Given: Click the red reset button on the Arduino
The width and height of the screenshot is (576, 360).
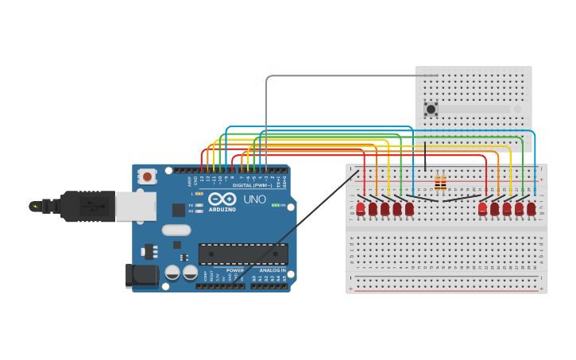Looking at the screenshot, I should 147,176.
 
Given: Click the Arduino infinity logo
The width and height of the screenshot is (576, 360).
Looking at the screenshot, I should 222,199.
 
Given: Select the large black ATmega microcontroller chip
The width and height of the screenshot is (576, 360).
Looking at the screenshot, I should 243,254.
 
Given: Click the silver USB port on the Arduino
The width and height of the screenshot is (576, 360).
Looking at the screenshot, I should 135,206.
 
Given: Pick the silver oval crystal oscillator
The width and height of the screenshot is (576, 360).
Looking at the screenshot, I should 176,230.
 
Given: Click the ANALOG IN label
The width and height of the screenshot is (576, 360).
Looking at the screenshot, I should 271,270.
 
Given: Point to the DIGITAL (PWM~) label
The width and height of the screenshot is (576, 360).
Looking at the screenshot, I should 253,185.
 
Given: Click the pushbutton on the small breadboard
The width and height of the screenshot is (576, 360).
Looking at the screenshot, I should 431,109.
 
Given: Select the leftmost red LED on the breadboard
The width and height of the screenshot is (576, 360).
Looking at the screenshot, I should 360,208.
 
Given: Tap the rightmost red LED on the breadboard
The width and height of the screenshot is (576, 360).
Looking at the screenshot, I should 531,208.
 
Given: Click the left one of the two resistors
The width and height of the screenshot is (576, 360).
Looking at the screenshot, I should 437,184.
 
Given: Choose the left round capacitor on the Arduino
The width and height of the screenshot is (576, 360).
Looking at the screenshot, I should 172,272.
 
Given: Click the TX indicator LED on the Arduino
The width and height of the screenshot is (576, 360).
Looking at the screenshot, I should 199,205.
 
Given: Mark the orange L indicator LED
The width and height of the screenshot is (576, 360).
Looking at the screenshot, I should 199,193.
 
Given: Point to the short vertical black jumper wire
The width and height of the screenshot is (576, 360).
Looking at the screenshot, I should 425,157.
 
